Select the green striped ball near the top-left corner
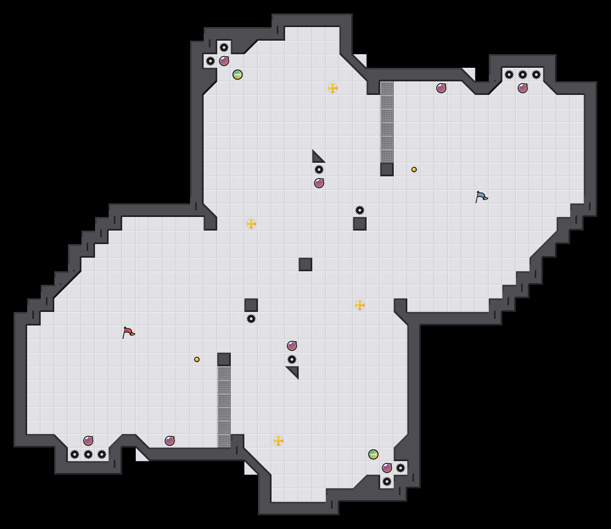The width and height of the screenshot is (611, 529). (238, 75)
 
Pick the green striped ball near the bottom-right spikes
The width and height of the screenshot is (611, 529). (373, 454)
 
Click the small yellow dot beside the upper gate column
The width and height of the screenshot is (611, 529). (414, 170)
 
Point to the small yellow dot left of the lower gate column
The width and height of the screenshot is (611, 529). (197, 359)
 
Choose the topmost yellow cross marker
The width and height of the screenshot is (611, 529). (333, 88)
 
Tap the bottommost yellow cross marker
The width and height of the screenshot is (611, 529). (278, 441)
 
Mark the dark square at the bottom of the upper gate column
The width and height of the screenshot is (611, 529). (387, 170)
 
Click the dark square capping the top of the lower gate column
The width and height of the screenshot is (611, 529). (224, 359)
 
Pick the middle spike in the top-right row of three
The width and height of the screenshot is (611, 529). (523, 75)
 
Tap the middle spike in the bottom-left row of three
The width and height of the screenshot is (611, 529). (88, 454)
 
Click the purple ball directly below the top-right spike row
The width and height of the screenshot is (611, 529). (523, 88)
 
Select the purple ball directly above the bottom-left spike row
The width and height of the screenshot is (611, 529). (88, 441)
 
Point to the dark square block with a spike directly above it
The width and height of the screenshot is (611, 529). (360, 224)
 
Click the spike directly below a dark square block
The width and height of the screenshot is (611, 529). (251, 319)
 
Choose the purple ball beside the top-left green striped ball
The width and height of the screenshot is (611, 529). (224, 61)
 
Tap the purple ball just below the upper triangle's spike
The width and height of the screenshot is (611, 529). (319, 183)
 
